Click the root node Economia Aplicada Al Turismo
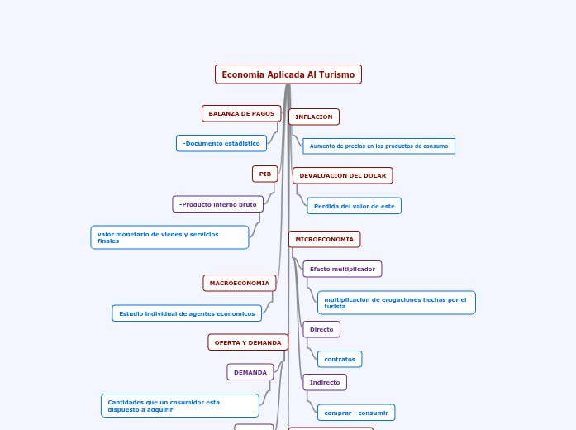pos(288,74)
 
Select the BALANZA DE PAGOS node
pos(241,113)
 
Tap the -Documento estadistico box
pos(221,143)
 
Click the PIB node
pos(264,174)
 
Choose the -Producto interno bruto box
pos(218,204)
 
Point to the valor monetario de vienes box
pos(169,237)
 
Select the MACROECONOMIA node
pos(239,283)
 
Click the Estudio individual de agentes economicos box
pos(187,313)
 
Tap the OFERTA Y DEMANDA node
pos(248,342)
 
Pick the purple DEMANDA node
pos(250,372)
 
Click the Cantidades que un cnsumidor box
pos(180,405)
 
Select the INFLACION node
pos(313,117)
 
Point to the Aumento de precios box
pos(378,146)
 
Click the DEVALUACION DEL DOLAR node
pos(342,175)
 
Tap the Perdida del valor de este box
pos(354,206)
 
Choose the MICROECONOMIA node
pos(324,239)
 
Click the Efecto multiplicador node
pos(342,269)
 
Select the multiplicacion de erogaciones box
pos(396,303)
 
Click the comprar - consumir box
pos(356,412)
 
